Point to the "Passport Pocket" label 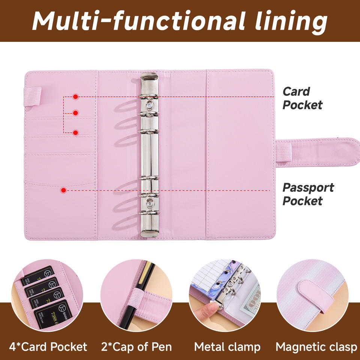click(308, 194)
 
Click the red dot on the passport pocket click(64, 190)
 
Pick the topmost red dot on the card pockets click(75, 97)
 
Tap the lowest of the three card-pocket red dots click(75, 132)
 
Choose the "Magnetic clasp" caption click(316, 347)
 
